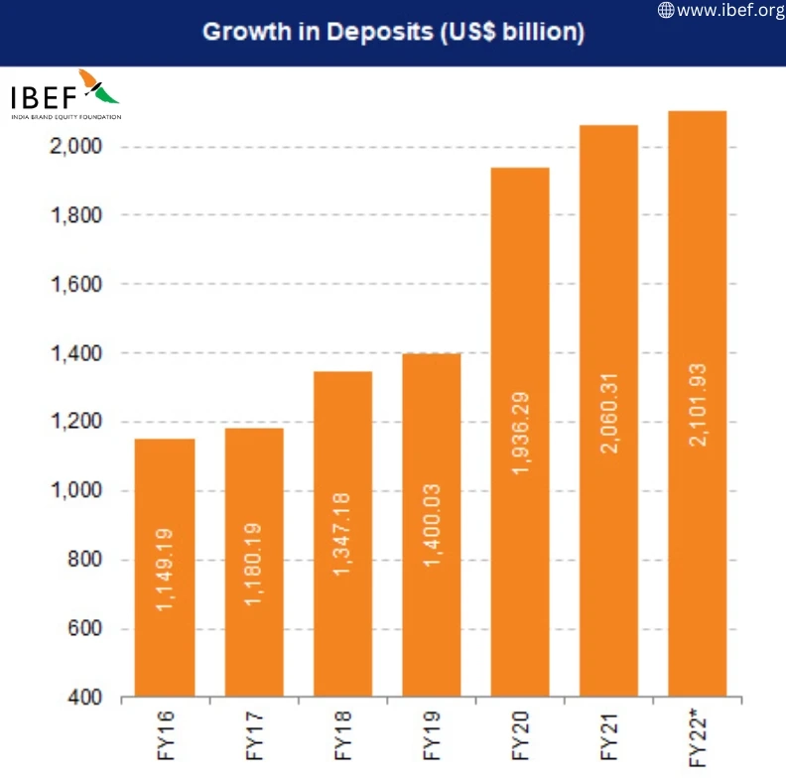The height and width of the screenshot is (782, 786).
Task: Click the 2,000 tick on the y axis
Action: [x=76, y=147]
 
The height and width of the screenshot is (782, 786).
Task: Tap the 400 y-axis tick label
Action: [x=86, y=699]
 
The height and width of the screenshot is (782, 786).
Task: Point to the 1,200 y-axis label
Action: [x=76, y=423]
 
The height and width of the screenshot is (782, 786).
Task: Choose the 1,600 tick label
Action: [x=76, y=285]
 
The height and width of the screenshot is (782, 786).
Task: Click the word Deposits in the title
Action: [x=373, y=32]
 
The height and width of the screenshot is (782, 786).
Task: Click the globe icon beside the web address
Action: [x=666, y=11]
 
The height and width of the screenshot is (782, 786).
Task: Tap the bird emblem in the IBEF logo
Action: [x=98, y=87]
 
